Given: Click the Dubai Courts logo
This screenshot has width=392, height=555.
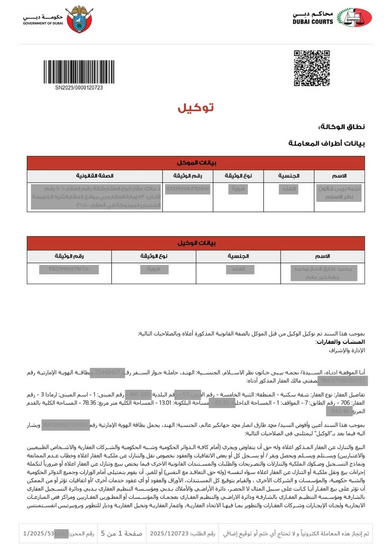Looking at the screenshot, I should (x=354, y=18).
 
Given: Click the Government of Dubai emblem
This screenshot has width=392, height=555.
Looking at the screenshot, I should (x=80, y=19).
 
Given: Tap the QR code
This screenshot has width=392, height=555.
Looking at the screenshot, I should (x=312, y=68).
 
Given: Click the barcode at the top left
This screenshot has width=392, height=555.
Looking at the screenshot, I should (x=79, y=71).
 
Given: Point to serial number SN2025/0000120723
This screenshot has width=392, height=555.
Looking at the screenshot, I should (x=79, y=88).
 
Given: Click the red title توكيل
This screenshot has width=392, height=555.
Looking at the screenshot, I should (x=196, y=108).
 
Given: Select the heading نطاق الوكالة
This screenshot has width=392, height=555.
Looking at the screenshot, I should (x=341, y=127).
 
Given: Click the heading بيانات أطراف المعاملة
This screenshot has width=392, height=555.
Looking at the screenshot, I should (x=327, y=143).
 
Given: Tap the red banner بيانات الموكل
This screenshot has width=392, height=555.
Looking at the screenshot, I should (x=196, y=163).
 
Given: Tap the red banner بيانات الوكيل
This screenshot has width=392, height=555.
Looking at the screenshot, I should (x=196, y=243).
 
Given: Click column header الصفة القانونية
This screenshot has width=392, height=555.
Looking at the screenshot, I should (x=95, y=176).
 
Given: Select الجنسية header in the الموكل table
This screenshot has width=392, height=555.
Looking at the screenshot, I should (x=289, y=176).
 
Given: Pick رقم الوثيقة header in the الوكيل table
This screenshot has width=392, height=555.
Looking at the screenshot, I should (x=69, y=256).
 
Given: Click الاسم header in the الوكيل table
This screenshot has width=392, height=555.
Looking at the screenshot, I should (x=323, y=256).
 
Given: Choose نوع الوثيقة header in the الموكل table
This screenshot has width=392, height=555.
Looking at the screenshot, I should (x=238, y=176).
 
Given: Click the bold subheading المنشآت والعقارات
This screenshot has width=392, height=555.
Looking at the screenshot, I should (x=341, y=342).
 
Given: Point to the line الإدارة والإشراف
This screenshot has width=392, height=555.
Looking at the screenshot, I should (x=347, y=351).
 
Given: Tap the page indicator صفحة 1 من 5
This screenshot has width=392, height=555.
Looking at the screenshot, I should (x=122, y=534).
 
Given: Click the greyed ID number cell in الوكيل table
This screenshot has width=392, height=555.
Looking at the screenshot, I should (x=69, y=269).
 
